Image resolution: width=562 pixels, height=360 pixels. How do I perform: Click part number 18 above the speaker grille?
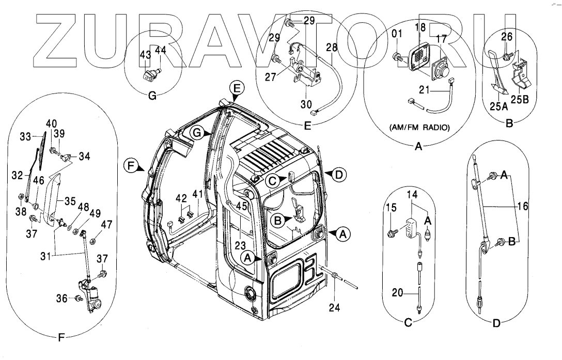click(x=420, y=27)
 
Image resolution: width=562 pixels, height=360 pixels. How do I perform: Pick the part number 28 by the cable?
click(x=331, y=47)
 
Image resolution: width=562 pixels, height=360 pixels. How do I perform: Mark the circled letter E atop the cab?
click(x=236, y=88)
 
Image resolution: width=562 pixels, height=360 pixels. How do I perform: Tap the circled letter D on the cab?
click(x=338, y=175)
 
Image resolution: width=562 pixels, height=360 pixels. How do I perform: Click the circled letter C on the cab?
click(x=273, y=180)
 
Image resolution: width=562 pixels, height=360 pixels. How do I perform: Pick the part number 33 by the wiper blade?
click(x=25, y=137)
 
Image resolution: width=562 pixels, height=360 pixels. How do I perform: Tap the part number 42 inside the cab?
click(x=181, y=198)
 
